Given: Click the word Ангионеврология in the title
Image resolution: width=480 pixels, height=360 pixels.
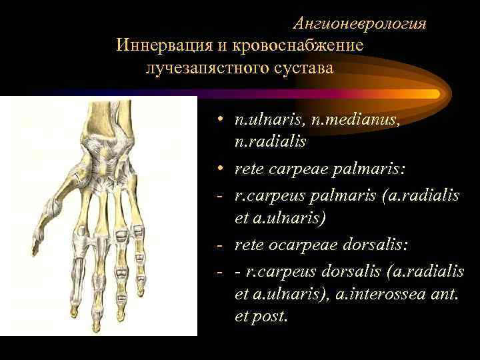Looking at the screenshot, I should click(x=359, y=24).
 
